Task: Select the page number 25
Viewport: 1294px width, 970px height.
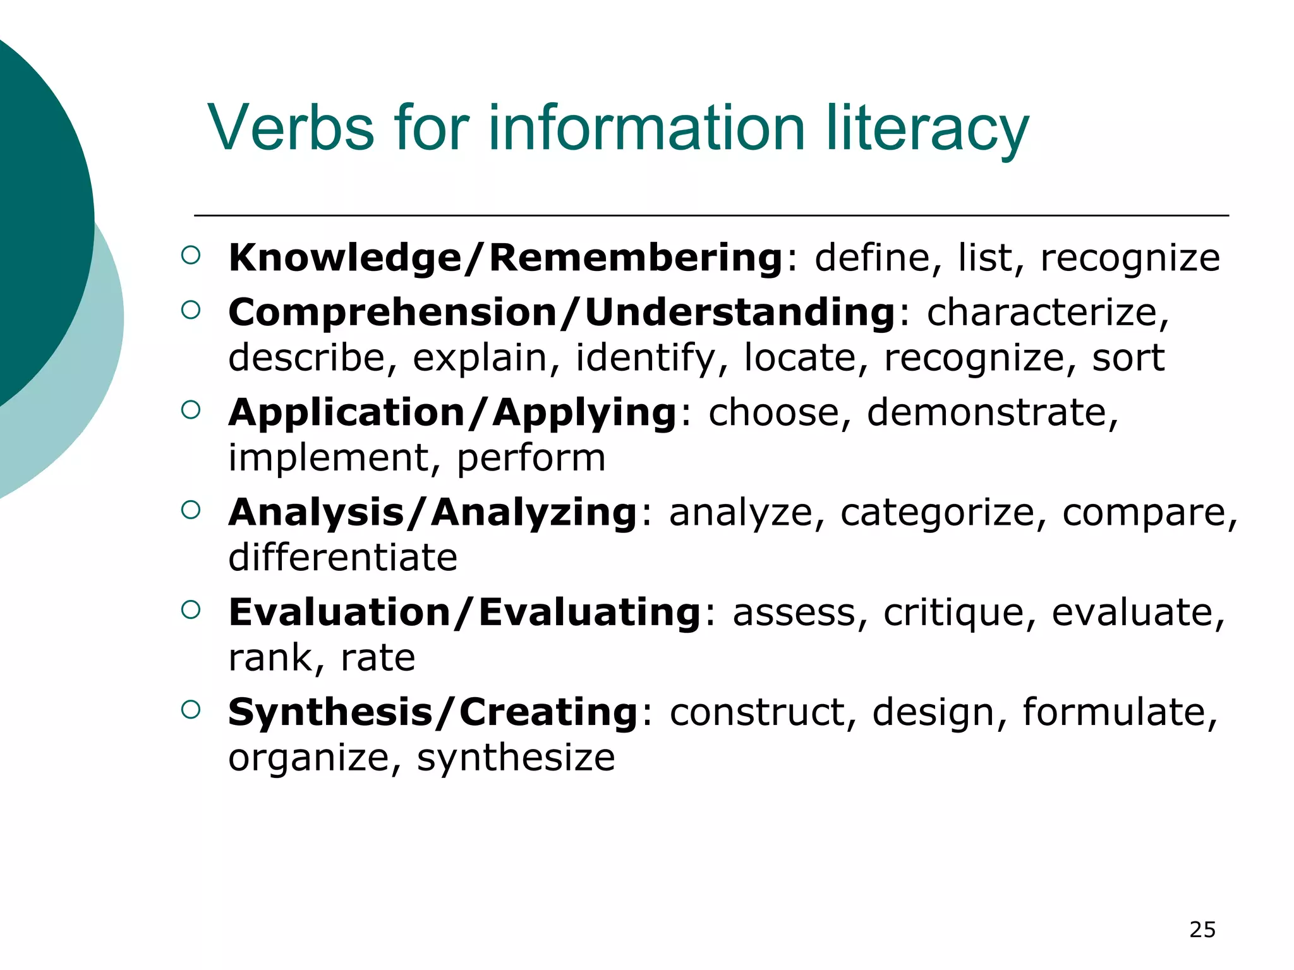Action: pyautogui.click(x=1202, y=930)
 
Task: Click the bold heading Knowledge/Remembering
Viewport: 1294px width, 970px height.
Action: pyautogui.click(x=505, y=258)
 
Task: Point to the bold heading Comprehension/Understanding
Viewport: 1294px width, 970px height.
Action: pyautogui.click(x=561, y=312)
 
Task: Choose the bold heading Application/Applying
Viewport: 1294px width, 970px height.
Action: pyautogui.click(x=452, y=412)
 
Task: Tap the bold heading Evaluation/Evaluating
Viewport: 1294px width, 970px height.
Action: pyautogui.click(x=464, y=612)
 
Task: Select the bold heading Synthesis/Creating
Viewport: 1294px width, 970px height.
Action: pyautogui.click(x=433, y=712)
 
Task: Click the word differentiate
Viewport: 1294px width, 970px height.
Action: pyautogui.click(x=342, y=558)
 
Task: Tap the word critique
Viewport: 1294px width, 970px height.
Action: pyautogui.click(x=953, y=612)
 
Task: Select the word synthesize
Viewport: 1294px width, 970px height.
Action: pyautogui.click(x=516, y=758)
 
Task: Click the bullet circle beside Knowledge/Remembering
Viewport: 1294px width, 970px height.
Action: pyautogui.click(x=190, y=255)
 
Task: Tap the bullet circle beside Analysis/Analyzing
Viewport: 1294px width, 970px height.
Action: pyautogui.click(x=190, y=510)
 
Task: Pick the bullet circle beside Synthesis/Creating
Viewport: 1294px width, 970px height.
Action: pyautogui.click(x=190, y=710)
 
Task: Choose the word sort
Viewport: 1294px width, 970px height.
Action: pyautogui.click(x=1128, y=358)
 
